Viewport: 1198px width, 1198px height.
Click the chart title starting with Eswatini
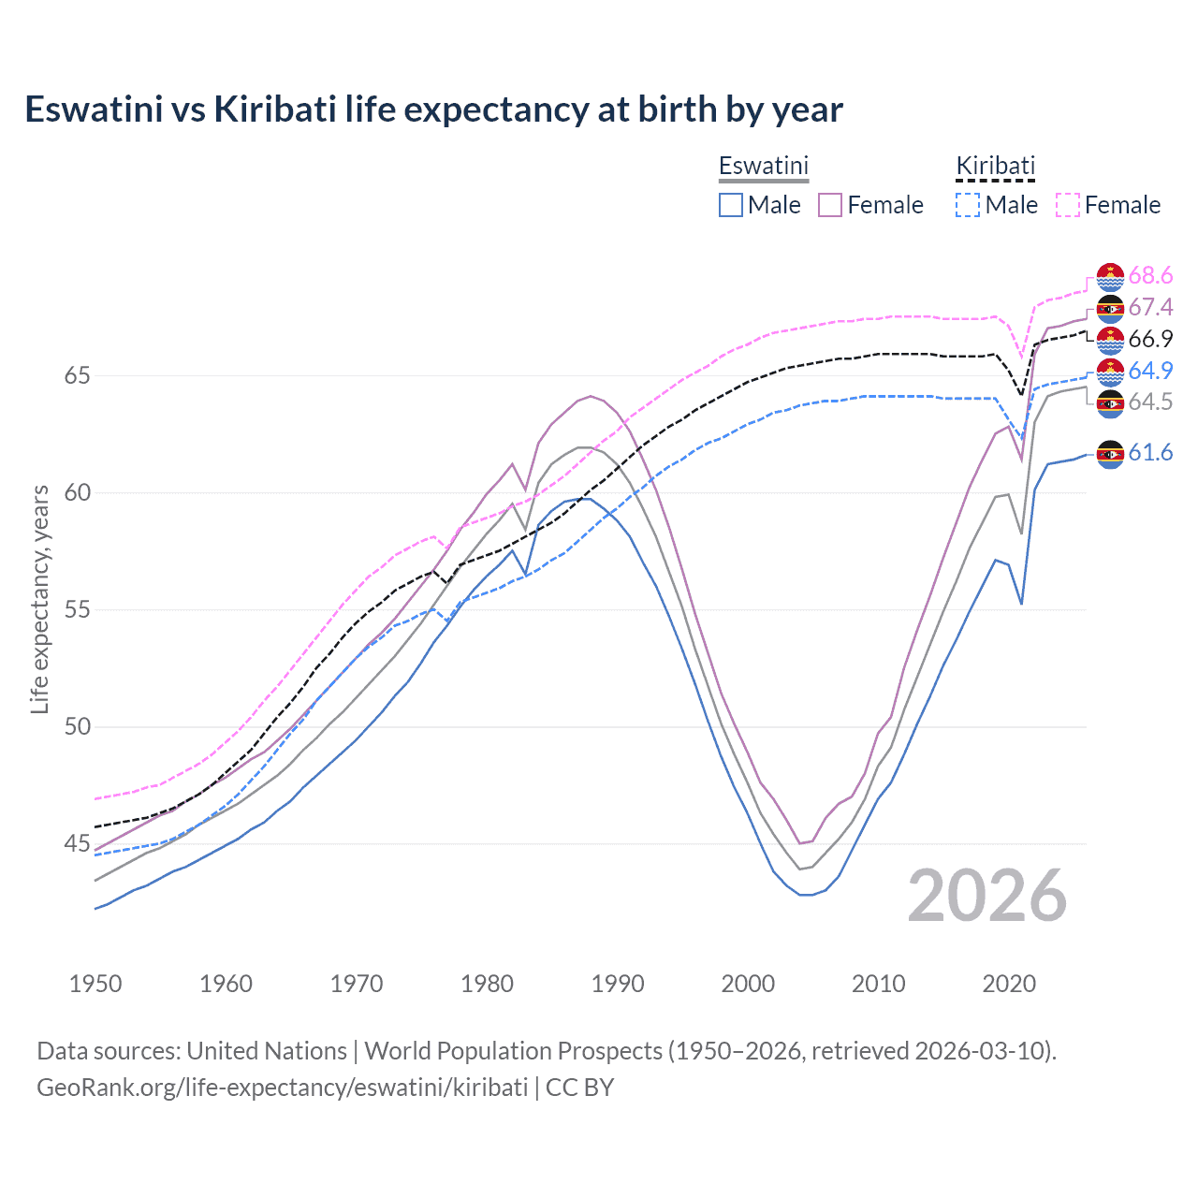pyautogui.click(x=433, y=110)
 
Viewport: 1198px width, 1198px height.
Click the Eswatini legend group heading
pyautogui.click(x=763, y=166)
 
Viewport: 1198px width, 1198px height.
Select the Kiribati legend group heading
pyautogui.click(x=995, y=166)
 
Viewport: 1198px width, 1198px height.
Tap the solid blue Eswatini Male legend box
pyautogui.click(x=731, y=205)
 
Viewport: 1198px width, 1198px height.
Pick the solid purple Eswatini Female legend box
pyautogui.click(x=830, y=205)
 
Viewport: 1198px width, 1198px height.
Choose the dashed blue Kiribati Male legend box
pyautogui.click(x=968, y=205)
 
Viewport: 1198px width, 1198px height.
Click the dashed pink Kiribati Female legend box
pyautogui.click(x=1068, y=205)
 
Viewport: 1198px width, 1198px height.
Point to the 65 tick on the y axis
pyautogui.click(x=77, y=376)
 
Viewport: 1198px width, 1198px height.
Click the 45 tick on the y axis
pyautogui.click(x=77, y=844)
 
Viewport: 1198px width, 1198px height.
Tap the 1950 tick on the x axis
pyautogui.click(x=95, y=984)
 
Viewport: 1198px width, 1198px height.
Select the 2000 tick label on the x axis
pyautogui.click(x=748, y=984)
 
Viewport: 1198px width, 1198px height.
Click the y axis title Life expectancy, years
pyautogui.click(x=39, y=599)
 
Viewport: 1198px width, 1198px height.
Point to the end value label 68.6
pyautogui.click(x=1150, y=275)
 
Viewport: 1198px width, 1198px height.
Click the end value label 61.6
pyautogui.click(x=1150, y=453)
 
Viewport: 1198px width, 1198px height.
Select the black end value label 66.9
pyautogui.click(x=1150, y=339)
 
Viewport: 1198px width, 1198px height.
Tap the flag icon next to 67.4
pyautogui.click(x=1110, y=308)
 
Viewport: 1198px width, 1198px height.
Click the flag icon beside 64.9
pyautogui.click(x=1110, y=372)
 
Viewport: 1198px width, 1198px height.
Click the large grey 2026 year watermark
pyautogui.click(x=987, y=896)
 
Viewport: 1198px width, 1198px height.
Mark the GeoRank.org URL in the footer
pyautogui.click(x=282, y=1088)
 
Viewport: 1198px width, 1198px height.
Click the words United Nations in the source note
pyautogui.click(x=267, y=1051)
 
